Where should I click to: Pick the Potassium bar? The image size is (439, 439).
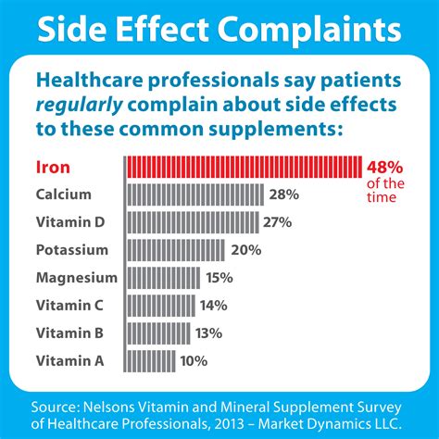point(174,250)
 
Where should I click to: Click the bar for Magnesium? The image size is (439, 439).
point(161,278)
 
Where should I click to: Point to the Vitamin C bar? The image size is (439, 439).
point(159,306)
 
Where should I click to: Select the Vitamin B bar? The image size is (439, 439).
point(157,332)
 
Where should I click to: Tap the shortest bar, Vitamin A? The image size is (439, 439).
point(149,360)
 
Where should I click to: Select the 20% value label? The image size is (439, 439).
point(245,250)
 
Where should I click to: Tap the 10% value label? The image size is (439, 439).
point(193,360)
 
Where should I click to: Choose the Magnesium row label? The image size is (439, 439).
point(76,278)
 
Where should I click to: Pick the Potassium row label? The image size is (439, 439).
point(72,250)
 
